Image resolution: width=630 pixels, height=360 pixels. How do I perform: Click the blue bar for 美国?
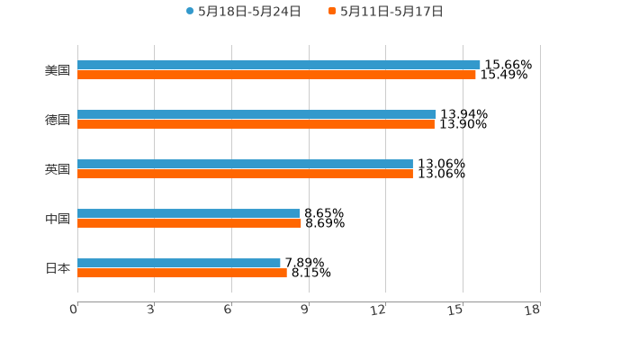click(279, 65)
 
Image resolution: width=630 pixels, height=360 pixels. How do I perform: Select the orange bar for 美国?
click(276, 76)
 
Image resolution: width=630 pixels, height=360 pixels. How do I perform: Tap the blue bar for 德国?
click(256, 114)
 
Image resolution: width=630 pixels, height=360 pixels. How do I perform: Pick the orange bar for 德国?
click(256, 125)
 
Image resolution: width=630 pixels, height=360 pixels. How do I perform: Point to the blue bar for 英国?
click(245, 164)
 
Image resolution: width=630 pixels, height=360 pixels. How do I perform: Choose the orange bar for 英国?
click(245, 175)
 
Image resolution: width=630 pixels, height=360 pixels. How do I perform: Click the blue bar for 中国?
click(189, 213)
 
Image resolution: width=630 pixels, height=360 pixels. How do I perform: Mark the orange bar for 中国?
click(189, 224)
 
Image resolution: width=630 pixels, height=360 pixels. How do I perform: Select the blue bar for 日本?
click(179, 263)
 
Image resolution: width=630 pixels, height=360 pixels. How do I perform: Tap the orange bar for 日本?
click(182, 274)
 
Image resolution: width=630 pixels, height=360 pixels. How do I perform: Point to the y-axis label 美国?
click(58, 70)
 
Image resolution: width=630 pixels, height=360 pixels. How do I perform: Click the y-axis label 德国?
click(58, 120)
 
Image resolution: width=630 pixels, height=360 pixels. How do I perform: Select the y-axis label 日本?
click(58, 268)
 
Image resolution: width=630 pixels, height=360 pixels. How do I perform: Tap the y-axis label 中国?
click(58, 219)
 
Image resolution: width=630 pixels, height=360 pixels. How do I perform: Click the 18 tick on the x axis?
click(533, 310)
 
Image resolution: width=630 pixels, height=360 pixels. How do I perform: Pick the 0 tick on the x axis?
click(74, 310)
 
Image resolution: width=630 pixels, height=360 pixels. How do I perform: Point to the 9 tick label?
click(304, 310)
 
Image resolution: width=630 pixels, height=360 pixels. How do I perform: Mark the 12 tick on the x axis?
click(379, 310)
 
